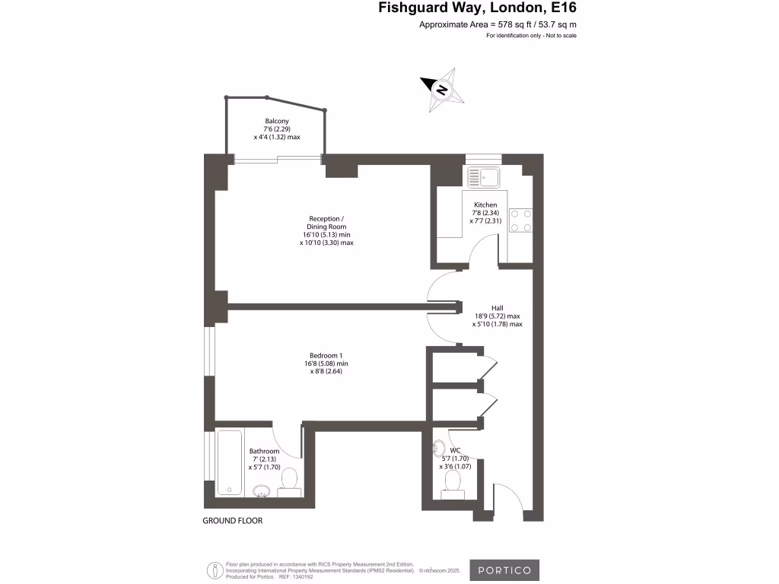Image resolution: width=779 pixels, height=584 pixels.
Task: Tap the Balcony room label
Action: pyautogui.click(x=277, y=122)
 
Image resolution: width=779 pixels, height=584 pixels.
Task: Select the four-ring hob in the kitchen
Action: pyautogui.click(x=520, y=221)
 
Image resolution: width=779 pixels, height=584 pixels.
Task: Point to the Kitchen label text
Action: pyautogui.click(x=485, y=205)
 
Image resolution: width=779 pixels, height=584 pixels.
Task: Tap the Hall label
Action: pyautogui.click(x=498, y=308)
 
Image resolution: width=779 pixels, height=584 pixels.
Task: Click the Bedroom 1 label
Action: pyautogui.click(x=326, y=355)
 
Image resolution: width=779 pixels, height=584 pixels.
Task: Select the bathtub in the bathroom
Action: pyautogui.click(x=229, y=462)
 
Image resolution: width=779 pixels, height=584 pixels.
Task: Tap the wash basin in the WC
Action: pyautogui.click(x=439, y=447)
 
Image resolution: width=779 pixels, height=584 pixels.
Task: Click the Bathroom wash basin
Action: pyautogui.click(x=262, y=490)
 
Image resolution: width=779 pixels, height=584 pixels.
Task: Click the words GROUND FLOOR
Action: pyautogui.click(x=232, y=521)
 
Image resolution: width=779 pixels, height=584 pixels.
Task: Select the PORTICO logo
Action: pyautogui.click(x=504, y=570)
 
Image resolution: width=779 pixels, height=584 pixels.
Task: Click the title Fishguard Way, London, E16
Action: pyautogui.click(x=478, y=9)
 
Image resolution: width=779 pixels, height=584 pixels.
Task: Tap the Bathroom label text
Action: pyautogui.click(x=265, y=451)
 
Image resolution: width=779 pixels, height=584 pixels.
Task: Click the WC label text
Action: pyautogui.click(x=456, y=450)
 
